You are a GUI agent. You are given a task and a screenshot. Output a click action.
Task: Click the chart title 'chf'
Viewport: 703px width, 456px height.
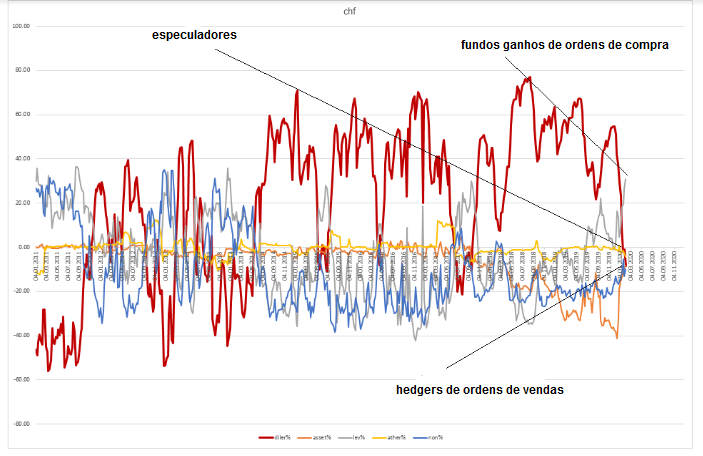[x=350, y=12]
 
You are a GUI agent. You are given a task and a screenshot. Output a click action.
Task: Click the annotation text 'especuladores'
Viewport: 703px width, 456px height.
[x=194, y=35]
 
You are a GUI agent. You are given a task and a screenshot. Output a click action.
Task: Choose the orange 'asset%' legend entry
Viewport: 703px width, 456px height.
[x=316, y=438]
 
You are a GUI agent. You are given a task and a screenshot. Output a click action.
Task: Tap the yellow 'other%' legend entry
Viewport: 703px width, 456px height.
[x=389, y=438]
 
